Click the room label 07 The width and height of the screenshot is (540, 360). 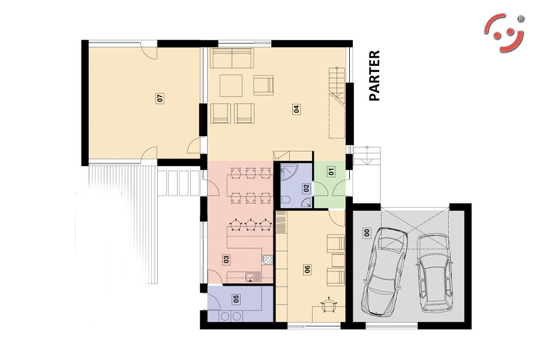tap(160, 98)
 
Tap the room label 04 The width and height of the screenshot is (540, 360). tap(296, 109)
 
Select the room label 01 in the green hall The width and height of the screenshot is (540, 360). tap(331, 171)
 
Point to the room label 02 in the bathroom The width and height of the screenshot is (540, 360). tap(306, 188)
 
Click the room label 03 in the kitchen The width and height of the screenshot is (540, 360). tap(226, 259)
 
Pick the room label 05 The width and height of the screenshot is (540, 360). tap(236, 299)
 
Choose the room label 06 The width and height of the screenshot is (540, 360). tap(307, 269)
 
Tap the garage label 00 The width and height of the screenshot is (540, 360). tap(367, 233)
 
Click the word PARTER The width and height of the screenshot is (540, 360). tap(374, 76)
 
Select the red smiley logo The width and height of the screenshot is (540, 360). tap(504, 33)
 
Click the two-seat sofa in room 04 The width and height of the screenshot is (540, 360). tap(232, 58)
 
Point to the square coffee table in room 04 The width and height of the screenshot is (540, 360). tap(231, 86)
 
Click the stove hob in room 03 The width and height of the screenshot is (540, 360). tap(268, 260)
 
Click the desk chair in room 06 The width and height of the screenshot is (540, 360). tap(329, 305)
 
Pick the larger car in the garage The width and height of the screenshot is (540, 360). tap(385, 272)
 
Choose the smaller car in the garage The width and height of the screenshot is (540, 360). tap(434, 272)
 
